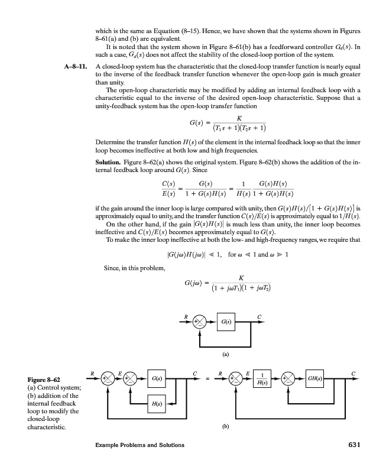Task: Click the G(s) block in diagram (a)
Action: pyautogui.click(x=226, y=322)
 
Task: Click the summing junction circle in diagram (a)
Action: pyautogui.click(x=202, y=322)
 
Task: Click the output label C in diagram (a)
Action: pyautogui.click(x=258, y=315)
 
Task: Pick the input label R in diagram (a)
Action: pyautogui.click(x=186, y=315)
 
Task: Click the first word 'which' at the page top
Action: pyautogui.click(x=105, y=30)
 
